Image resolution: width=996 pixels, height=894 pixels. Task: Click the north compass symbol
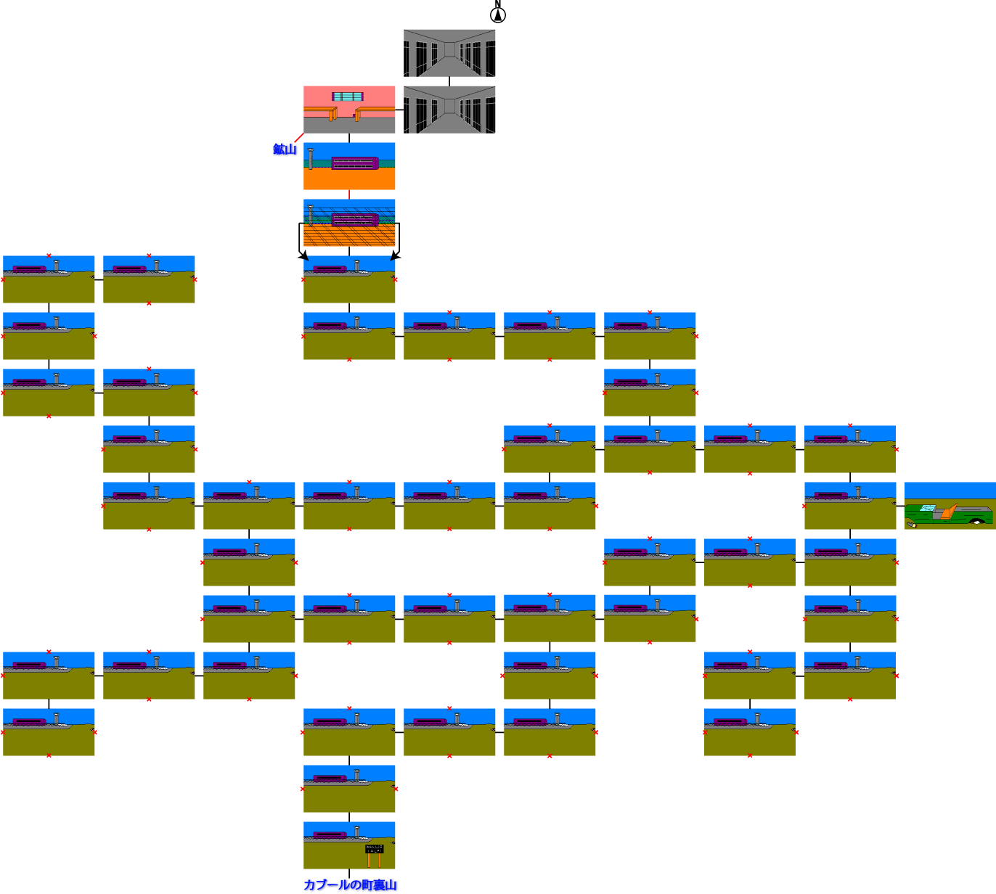498,14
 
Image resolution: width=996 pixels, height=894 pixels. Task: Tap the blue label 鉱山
285,149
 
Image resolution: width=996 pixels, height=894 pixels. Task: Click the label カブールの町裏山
350,885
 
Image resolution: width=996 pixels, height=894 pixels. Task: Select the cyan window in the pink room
348,97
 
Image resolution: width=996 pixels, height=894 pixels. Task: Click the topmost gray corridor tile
449,53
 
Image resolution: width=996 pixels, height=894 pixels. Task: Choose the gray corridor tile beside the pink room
449,110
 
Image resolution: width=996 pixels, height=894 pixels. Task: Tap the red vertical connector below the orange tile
349,194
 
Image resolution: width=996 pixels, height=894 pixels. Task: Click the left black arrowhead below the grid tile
303,255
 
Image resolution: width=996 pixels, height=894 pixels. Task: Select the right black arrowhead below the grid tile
395,255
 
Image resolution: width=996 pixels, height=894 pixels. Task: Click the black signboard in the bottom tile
374,848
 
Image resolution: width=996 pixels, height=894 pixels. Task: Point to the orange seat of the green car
946,511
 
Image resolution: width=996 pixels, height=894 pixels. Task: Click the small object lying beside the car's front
913,522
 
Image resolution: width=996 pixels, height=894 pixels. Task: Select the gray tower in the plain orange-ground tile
311,159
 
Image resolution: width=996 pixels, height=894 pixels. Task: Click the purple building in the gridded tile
354,219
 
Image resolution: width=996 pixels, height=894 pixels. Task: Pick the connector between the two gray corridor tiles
449,81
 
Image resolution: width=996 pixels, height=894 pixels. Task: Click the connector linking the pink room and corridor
399,110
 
